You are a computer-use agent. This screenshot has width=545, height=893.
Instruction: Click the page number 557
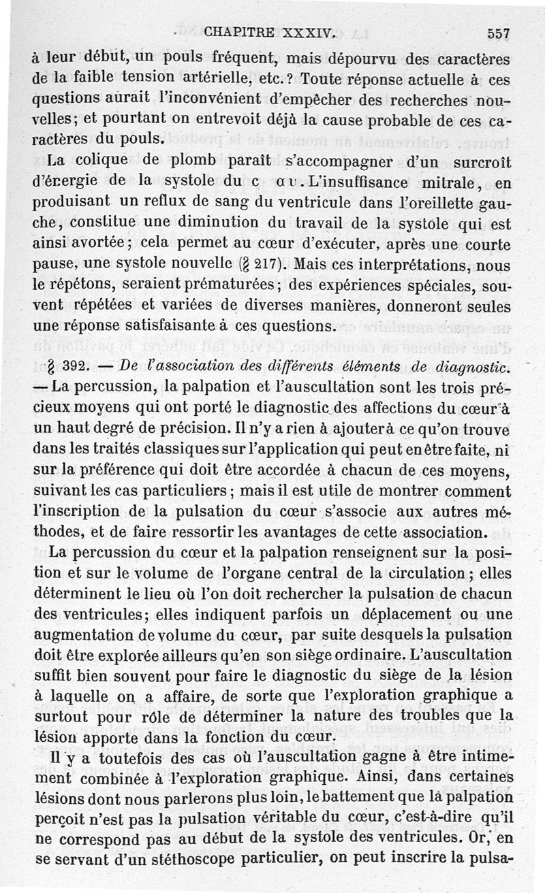click(x=499, y=31)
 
